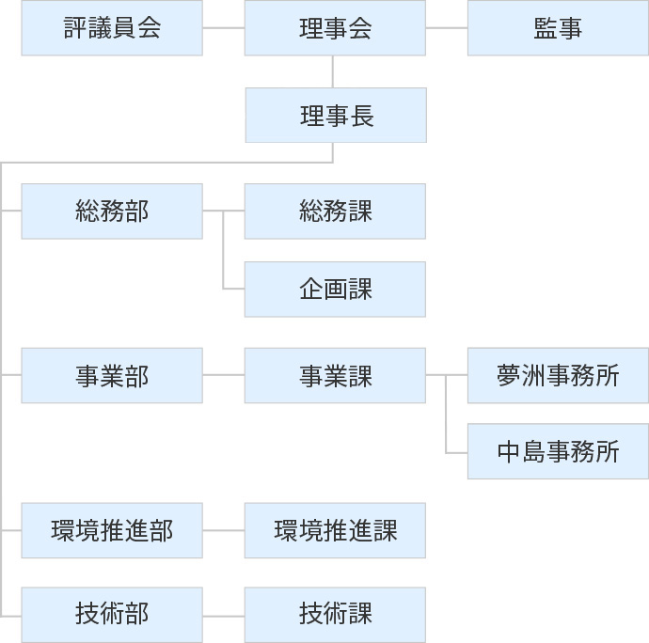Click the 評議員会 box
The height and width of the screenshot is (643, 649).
click(112, 28)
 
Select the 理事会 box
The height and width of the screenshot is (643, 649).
click(335, 28)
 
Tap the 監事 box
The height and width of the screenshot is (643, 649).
click(558, 28)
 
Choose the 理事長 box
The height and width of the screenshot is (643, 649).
click(335, 116)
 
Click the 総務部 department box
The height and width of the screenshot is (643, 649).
click(112, 211)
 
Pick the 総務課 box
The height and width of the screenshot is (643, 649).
click(335, 211)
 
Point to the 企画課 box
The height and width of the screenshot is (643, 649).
click(335, 289)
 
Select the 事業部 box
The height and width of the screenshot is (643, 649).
click(112, 376)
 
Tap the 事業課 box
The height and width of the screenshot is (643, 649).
click(335, 376)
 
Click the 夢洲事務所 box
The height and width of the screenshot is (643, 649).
click(558, 376)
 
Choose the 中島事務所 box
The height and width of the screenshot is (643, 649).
click(558, 452)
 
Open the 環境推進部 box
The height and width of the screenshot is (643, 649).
click(112, 530)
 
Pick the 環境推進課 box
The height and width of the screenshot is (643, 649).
click(335, 530)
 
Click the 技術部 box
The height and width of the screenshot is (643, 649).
click(112, 615)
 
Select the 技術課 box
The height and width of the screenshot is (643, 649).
click(335, 615)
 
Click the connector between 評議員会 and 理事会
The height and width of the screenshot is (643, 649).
click(224, 28)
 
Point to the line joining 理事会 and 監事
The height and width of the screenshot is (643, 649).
click(447, 28)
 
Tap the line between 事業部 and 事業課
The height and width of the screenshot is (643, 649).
click(224, 376)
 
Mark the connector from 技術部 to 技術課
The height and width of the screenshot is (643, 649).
click(224, 615)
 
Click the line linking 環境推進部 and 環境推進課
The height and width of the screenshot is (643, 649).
click(224, 530)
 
